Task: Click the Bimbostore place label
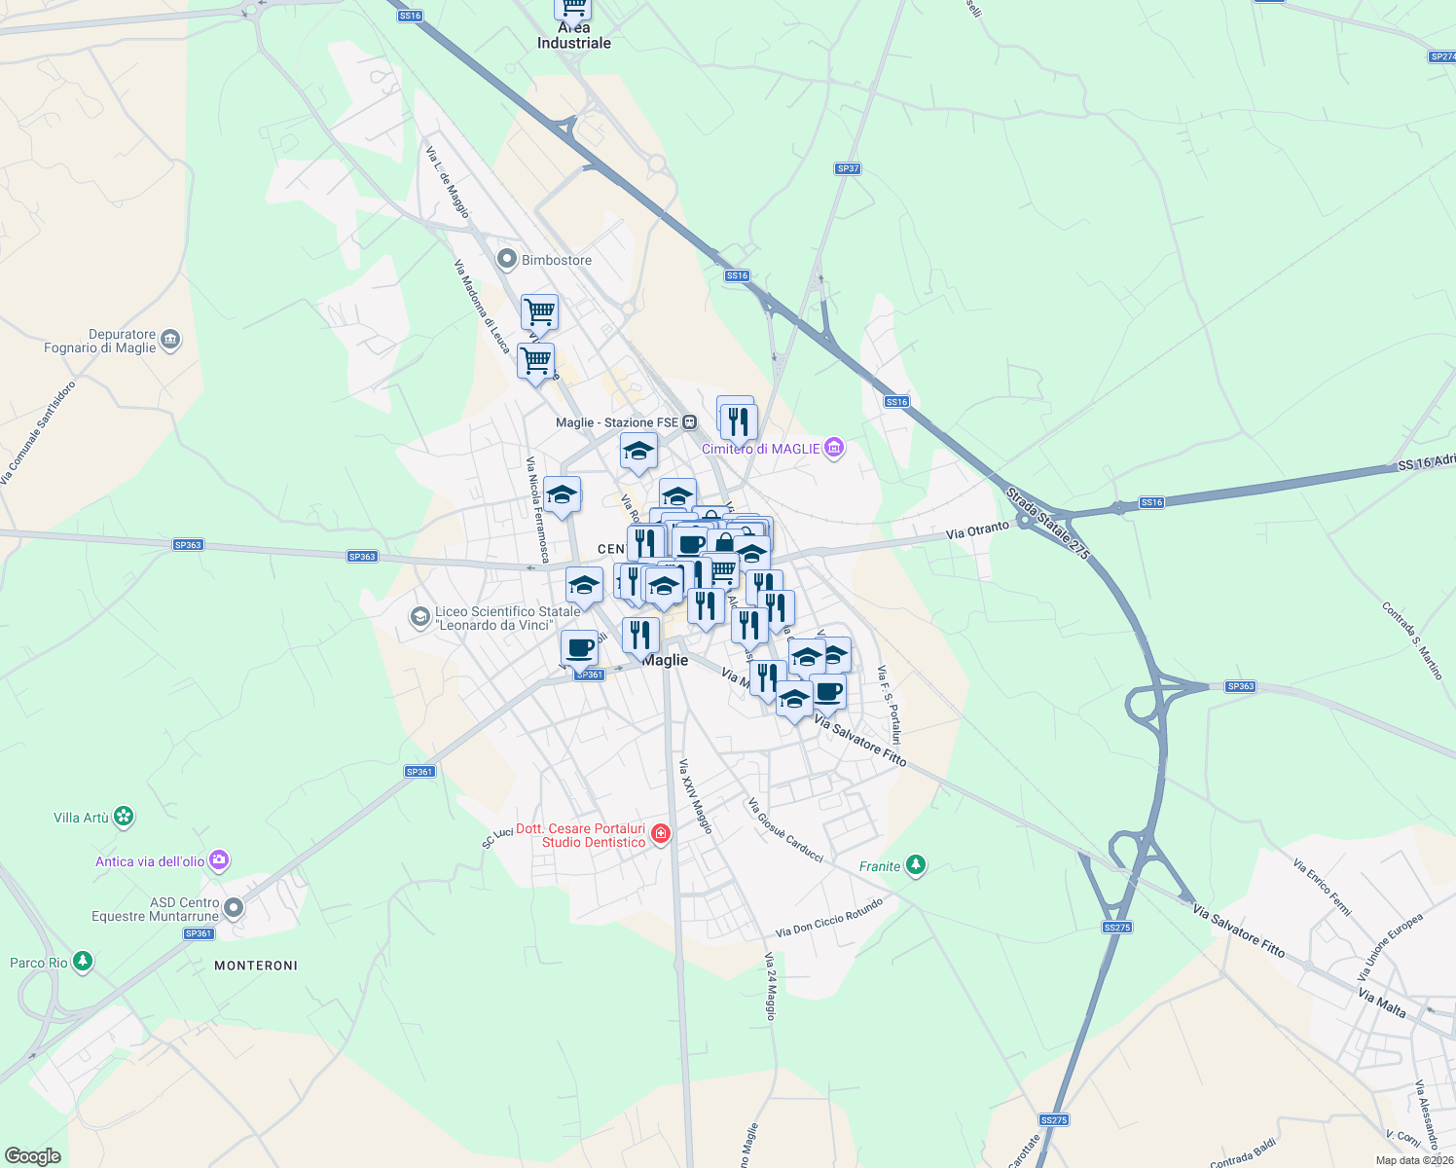[557, 260]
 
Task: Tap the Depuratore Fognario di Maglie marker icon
[171, 340]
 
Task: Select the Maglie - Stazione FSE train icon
[689, 422]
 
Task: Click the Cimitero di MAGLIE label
[761, 449]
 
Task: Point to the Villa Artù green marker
[124, 817]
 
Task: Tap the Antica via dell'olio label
[150, 861]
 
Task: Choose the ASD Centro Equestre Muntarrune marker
[234, 908]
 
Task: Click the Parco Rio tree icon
[83, 963]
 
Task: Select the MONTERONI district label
[256, 966]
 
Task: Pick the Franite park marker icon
[915, 865]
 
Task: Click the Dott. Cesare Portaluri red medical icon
[662, 834]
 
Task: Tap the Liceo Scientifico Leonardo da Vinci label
[507, 618]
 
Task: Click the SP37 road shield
[848, 168]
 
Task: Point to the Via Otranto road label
[978, 531]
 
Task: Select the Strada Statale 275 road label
[1048, 523]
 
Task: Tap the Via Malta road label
[1382, 1003]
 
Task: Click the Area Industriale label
[574, 36]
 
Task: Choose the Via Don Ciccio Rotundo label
[830, 917]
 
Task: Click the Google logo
[33, 1155]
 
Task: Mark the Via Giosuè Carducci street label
[785, 830]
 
